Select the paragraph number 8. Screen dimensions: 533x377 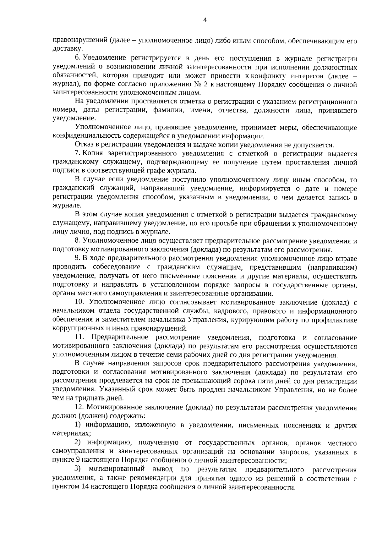(77, 241)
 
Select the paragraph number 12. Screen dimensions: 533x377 (79, 408)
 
